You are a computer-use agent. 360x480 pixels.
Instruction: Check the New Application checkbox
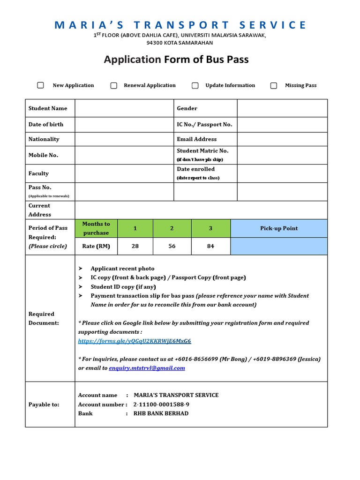41,85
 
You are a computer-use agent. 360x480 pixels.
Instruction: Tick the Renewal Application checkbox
114,85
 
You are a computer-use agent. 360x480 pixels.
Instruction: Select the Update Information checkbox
195,85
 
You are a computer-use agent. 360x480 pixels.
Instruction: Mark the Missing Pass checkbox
274,85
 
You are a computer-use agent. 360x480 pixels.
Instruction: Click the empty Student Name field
124,108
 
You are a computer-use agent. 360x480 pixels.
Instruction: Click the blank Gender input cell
282,108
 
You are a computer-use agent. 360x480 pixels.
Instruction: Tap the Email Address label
196,139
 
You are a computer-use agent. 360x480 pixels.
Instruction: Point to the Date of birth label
46,124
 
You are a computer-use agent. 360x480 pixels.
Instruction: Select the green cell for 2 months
172,228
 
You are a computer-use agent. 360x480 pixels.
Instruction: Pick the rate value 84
210,246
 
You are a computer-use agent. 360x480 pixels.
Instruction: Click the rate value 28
135,246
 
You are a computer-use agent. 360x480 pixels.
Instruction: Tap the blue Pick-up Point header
279,228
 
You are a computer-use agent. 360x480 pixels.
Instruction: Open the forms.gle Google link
135,341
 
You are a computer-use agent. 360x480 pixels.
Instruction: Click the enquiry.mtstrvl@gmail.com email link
147,368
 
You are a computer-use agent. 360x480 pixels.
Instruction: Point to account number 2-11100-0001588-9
161,405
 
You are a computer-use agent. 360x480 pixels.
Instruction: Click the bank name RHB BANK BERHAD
161,413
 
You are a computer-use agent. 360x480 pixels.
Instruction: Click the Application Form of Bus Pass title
176,60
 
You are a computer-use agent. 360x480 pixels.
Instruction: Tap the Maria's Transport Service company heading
180,25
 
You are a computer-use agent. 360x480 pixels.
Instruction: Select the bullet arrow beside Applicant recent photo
81,269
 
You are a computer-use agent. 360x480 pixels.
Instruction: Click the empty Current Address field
201,210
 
